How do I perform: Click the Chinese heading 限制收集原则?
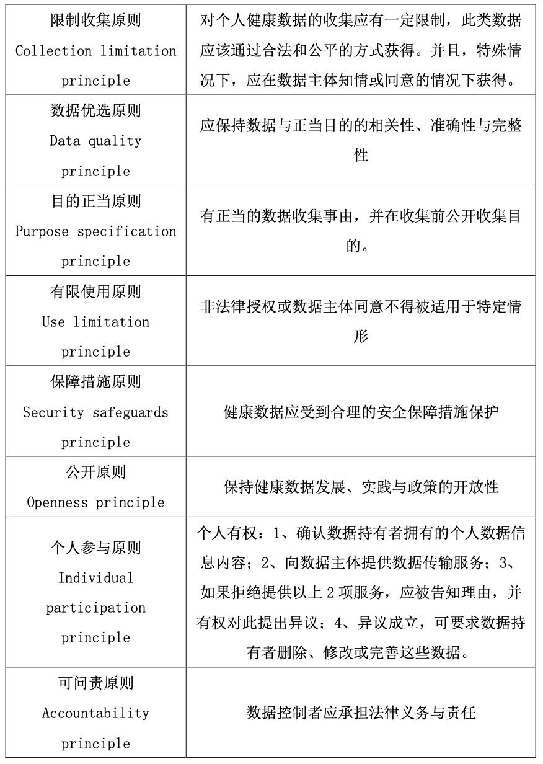[x=95, y=20]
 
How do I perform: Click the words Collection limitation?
[x=95, y=51]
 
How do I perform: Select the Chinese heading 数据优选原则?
[x=95, y=111]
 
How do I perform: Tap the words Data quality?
[x=95, y=141]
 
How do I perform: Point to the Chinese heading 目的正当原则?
[x=95, y=202]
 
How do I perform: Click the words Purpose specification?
[x=95, y=231]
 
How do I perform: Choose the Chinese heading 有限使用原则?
[x=95, y=291]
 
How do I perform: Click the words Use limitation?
[x=95, y=322]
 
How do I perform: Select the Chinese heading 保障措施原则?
[x=95, y=382]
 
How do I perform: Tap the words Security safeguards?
[x=95, y=412]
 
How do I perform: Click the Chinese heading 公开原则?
[x=95, y=473]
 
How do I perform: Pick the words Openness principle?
[x=95, y=502]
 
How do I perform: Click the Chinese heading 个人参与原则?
[x=95, y=548]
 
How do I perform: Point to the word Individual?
[x=95, y=578]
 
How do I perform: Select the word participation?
[x=95, y=608]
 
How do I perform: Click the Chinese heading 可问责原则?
[x=95, y=683]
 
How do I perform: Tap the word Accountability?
[x=95, y=713]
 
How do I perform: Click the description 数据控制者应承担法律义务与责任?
[x=361, y=713]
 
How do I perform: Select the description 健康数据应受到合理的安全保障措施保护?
[x=361, y=412]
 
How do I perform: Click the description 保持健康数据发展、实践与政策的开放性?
[x=361, y=487]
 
